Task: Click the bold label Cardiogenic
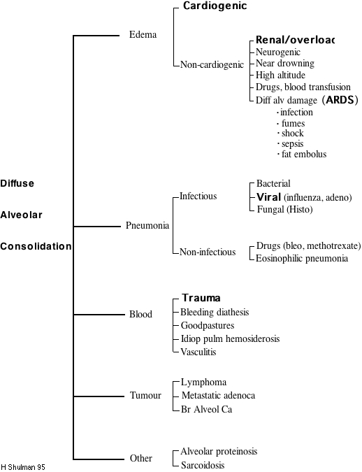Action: pos(215,6)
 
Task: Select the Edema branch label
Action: pos(143,34)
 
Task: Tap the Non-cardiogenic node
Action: pos(212,64)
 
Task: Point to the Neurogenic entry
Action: pos(278,52)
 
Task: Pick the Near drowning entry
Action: pos(283,64)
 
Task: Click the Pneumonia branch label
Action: pos(147,226)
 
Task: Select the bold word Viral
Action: pos(268,197)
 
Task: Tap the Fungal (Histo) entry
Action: pos(284,209)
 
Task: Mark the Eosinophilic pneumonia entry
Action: pos(302,258)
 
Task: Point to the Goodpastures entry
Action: pos(208,325)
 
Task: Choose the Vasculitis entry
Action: pos(198,352)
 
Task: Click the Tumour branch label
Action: pos(145,396)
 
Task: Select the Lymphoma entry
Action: pos(203,382)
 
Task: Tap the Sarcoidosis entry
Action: pos(203,465)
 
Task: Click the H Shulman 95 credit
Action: pos(23,466)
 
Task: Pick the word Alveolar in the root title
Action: pos(20,215)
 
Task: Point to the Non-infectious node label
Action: pos(208,252)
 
